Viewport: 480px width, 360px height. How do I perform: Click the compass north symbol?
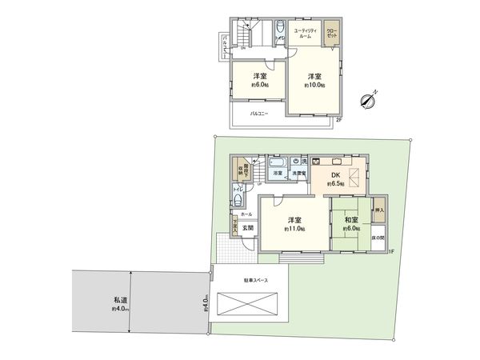click(x=368, y=101)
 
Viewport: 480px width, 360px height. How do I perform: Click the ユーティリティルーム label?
click(x=307, y=34)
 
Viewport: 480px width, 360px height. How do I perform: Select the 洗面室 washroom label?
click(x=298, y=173)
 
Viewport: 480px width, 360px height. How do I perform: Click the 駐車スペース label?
click(x=255, y=281)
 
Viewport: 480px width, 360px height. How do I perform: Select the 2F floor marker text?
click(x=338, y=119)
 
